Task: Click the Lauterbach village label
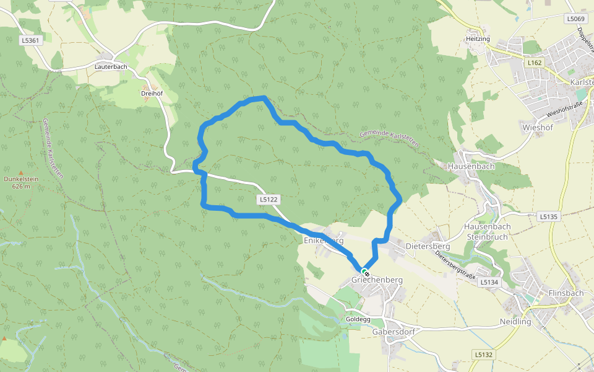111,66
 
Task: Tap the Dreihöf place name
152,94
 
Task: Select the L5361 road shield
30,41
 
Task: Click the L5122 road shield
269,200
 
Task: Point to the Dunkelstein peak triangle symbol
20,173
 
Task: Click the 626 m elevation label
20,186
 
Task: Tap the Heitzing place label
478,39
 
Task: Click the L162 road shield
535,63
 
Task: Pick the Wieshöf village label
537,128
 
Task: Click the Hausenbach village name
471,166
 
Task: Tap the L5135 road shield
548,216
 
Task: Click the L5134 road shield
489,282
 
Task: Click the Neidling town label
515,322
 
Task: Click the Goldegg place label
358,319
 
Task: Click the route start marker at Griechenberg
365,272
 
